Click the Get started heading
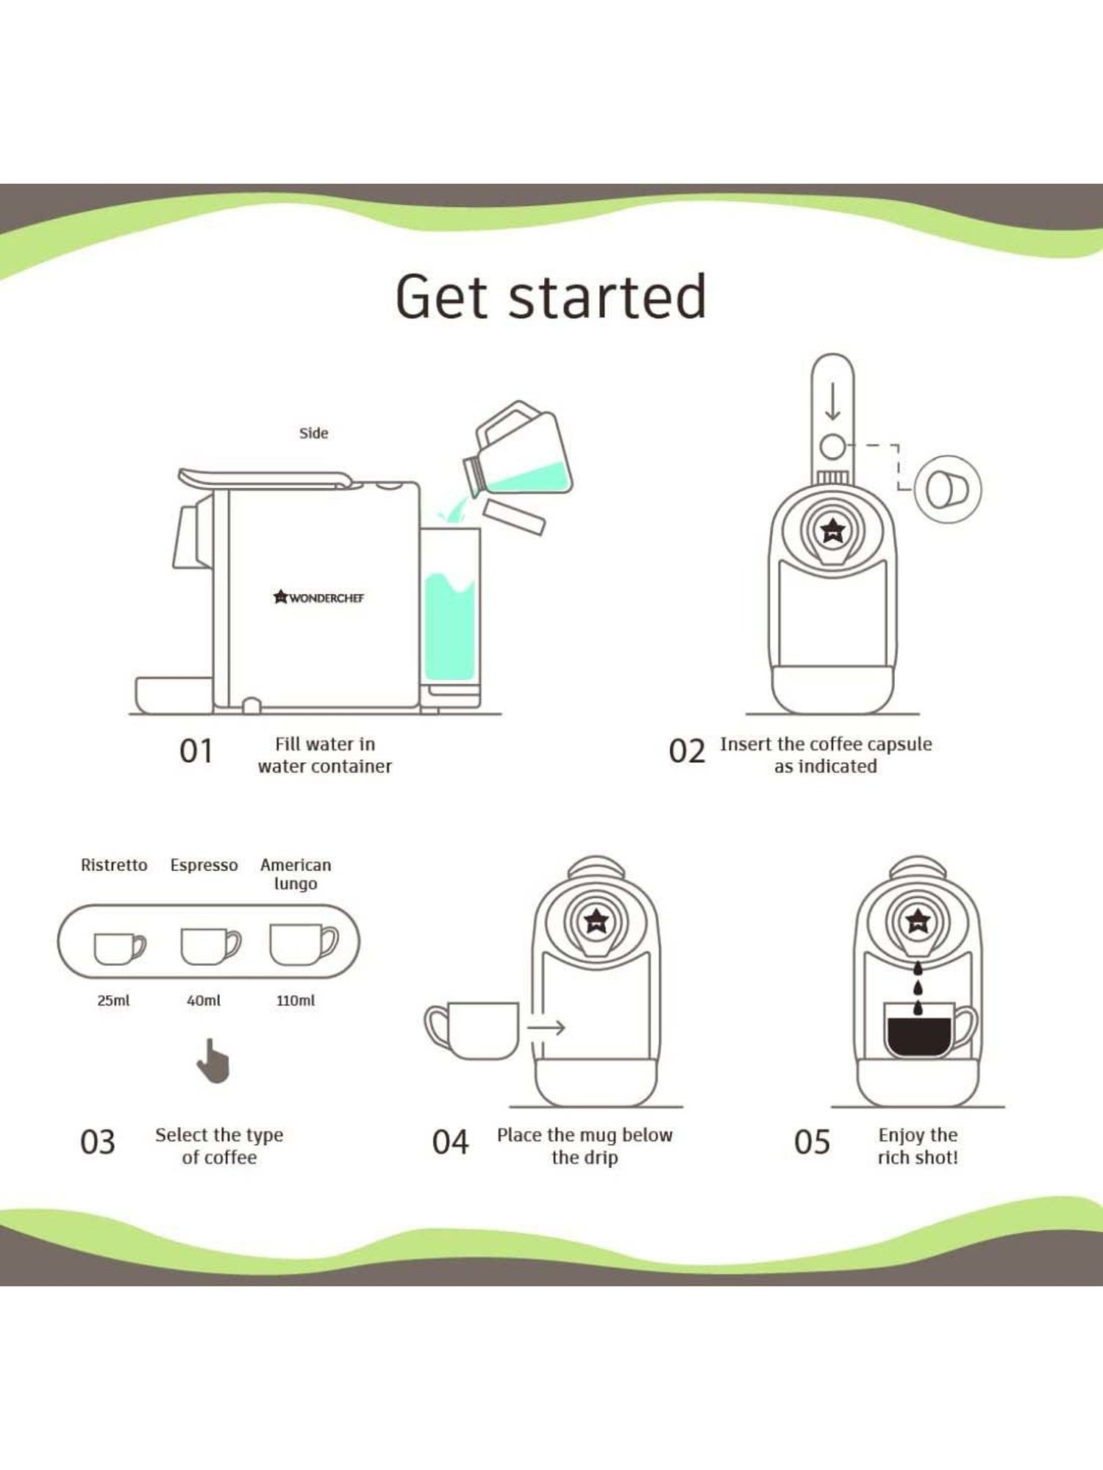click(551, 297)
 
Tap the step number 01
click(196, 751)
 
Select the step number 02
click(687, 751)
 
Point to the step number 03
click(98, 1142)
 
